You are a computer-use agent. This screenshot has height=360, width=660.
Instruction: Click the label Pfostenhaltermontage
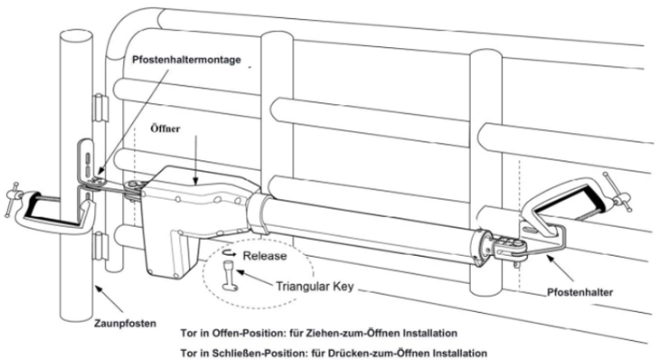point(186,60)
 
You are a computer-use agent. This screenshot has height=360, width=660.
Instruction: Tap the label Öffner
point(165,128)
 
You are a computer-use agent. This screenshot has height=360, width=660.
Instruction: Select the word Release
point(265,256)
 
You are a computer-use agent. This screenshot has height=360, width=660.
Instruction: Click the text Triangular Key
point(315,287)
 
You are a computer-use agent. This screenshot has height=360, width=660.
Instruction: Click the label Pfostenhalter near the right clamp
point(580,292)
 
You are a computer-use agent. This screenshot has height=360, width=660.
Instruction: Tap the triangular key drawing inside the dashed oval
point(230,275)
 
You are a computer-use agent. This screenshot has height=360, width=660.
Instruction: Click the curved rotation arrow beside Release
point(230,253)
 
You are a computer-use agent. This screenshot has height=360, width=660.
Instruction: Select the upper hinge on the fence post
point(99,109)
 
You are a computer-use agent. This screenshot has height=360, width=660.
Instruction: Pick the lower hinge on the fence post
point(99,245)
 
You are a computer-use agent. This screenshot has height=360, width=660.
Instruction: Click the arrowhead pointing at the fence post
point(98,289)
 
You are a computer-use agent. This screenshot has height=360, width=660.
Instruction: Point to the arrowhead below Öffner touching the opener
point(194,182)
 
